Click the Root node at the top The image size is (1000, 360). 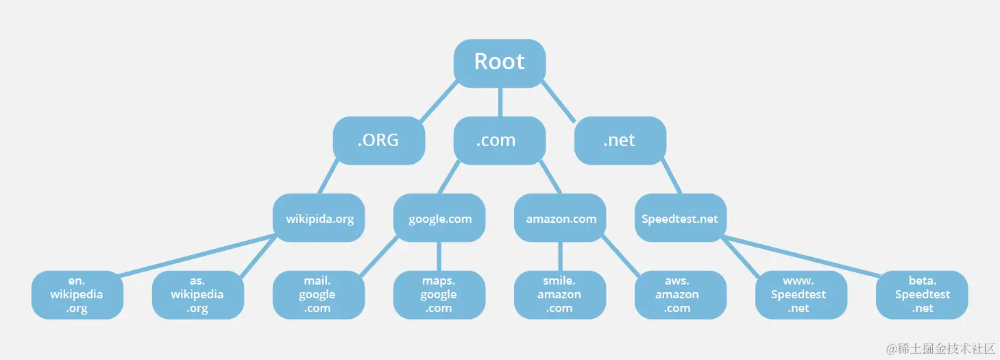499,62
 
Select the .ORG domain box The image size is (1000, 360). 378,141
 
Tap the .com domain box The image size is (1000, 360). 499,141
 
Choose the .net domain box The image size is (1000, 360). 620,141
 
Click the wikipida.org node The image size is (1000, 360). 319,218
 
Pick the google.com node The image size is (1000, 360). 439,218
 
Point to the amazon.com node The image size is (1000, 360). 560,218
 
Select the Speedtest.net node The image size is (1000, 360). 680,218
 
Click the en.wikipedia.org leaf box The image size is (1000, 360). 77,295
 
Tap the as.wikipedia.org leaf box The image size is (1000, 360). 197,295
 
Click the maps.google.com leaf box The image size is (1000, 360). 439,295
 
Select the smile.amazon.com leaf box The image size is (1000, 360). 559,295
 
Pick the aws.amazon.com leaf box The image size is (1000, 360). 680,295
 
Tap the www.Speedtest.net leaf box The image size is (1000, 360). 801,295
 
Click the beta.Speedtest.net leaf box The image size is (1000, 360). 922,295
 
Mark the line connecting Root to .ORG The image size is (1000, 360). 438,101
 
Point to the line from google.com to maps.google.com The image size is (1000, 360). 439,256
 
